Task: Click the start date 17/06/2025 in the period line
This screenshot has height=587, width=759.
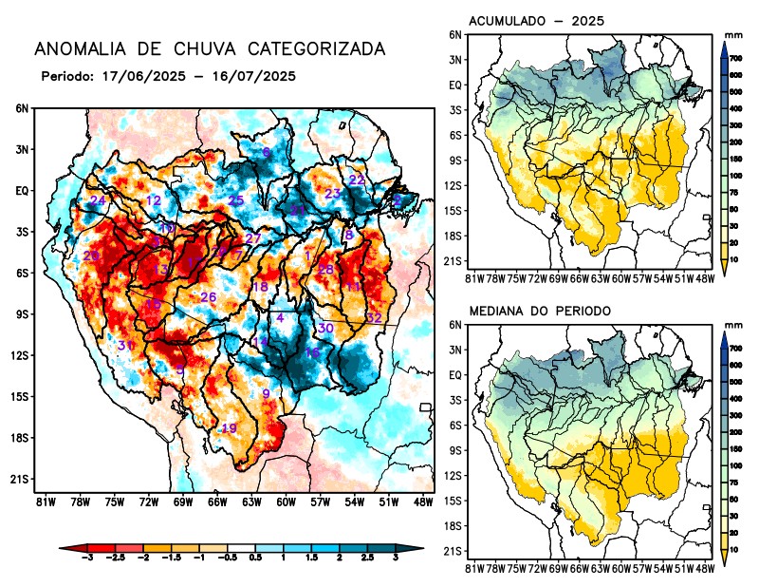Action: (134, 75)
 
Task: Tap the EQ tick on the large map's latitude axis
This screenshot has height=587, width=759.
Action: (22, 190)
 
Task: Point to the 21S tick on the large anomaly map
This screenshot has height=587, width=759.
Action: (20, 479)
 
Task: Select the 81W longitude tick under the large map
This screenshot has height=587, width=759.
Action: (45, 501)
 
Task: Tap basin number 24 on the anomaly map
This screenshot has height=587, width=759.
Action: (98, 200)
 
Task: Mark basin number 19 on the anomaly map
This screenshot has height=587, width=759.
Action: (229, 428)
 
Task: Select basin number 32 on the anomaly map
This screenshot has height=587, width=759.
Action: (374, 317)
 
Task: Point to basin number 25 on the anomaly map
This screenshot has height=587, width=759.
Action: (236, 200)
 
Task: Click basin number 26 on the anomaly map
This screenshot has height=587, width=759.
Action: (209, 297)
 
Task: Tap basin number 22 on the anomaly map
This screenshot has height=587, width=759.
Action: (357, 180)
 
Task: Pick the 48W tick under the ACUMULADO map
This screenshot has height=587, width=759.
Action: (704, 277)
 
